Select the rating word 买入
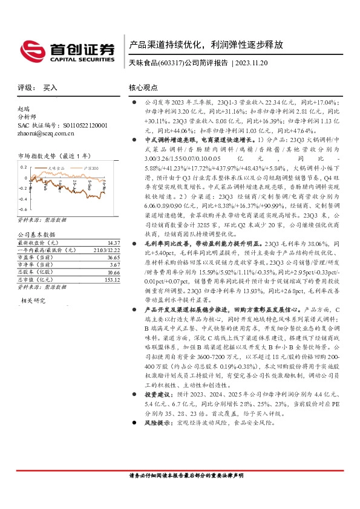click(50, 88)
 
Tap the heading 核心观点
click(143, 88)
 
